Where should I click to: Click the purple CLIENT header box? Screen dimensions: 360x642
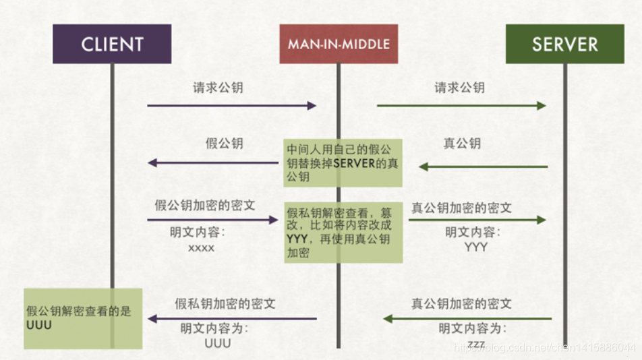coord(112,44)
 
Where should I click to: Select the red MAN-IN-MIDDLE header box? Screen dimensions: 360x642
coord(339,44)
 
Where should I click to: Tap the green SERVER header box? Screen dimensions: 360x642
coord(564,44)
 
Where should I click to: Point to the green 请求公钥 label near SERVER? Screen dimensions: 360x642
coord(459,88)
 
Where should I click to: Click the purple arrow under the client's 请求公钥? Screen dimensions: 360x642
coord(231,105)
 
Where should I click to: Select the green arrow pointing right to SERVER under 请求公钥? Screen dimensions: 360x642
coord(461,105)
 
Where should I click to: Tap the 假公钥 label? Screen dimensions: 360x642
coord(225,144)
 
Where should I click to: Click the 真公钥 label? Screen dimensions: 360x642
coord(462,144)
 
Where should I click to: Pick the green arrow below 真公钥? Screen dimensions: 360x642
coord(483,167)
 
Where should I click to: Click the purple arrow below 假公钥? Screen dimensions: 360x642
coord(212,162)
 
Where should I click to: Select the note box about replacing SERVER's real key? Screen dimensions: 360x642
coord(343,162)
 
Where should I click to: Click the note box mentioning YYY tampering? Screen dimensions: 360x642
coord(343,233)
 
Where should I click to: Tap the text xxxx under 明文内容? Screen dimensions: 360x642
coord(201,248)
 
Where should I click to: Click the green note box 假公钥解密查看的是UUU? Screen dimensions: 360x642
coord(83,318)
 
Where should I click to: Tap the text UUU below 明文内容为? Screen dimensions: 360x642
coord(218,343)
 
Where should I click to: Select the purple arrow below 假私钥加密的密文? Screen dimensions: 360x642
coord(232,319)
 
